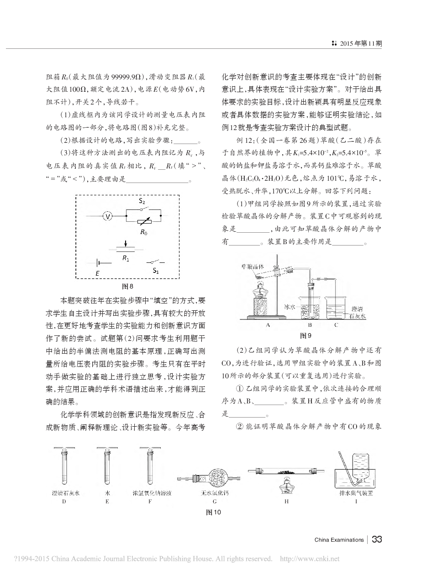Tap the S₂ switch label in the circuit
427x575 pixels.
pyautogui.click(x=142, y=201)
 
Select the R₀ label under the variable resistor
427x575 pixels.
pyautogui.click(x=143, y=232)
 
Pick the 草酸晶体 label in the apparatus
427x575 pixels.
pyautogui.click(x=253, y=266)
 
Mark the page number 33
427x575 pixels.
pyautogui.click(x=377, y=539)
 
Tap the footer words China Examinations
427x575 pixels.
pyautogui.click(x=339, y=540)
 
